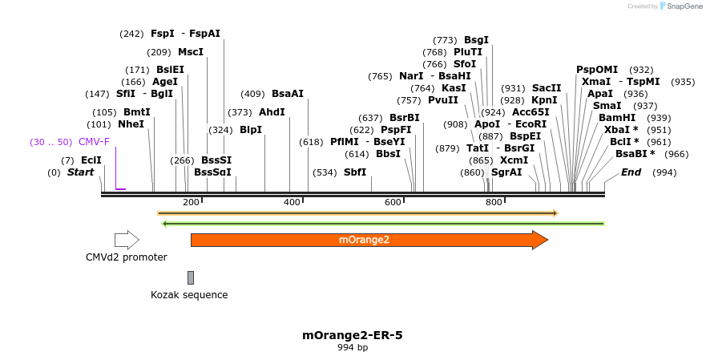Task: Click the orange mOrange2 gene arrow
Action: [369, 240]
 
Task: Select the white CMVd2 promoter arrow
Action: [127, 240]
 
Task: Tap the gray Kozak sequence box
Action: [191, 277]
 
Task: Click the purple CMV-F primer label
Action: [94, 142]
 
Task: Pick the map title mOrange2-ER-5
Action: [352, 335]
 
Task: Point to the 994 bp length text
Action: [352, 348]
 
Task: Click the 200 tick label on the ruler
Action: [191, 202]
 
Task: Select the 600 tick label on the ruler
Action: [393, 202]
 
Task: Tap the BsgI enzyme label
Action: [476, 40]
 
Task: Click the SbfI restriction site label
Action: [355, 172]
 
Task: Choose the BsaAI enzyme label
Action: [288, 94]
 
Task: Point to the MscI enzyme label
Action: [191, 52]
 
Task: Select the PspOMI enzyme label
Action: [597, 70]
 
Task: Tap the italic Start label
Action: [80, 172]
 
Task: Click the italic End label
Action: [631, 172]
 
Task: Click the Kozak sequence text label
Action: [189, 295]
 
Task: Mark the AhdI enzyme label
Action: [272, 112]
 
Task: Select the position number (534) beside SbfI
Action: [325, 172]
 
